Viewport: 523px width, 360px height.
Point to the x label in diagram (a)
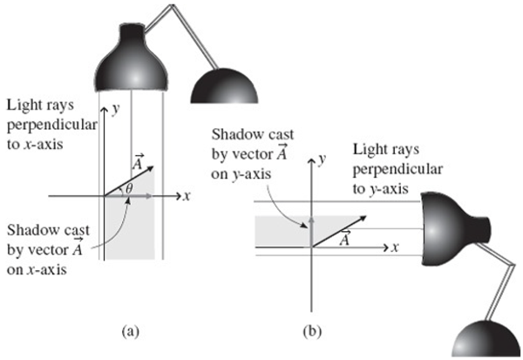[x=187, y=196]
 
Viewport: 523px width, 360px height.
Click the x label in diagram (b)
[x=395, y=248]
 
